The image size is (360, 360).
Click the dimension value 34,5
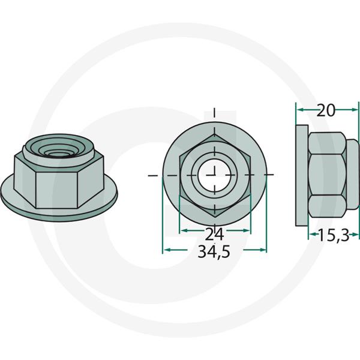point(214,253)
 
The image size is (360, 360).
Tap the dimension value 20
point(326,110)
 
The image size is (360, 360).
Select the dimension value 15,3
point(333,236)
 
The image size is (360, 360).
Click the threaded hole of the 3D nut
point(58,152)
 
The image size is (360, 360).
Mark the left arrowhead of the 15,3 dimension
point(311,236)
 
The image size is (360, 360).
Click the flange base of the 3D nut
point(60,207)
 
